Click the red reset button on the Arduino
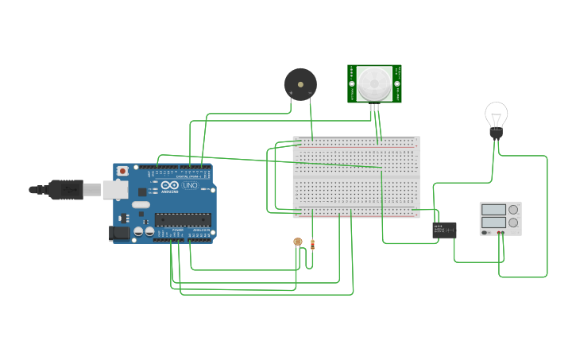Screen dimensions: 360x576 click(x=122, y=171)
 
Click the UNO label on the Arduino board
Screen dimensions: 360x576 click(x=191, y=186)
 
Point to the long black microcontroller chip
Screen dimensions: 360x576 click(x=182, y=219)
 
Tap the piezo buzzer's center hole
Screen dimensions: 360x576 click(x=300, y=82)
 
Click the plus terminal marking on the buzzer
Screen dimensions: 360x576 click(x=291, y=94)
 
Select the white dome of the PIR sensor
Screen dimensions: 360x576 click(x=373, y=83)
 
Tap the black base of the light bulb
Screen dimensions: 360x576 click(x=497, y=134)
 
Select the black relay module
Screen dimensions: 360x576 click(x=444, y=230)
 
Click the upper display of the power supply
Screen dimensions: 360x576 click(x=493, y=209)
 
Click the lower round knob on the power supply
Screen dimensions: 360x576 click(x=512, y=223)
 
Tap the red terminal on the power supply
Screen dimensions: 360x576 click(x=498, y=234)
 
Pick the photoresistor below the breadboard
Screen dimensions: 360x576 click(x=298, y=241)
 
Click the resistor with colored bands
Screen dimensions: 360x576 click(x=312, y=244)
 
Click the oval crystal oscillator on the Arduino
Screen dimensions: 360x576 click(x=141, y=204)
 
